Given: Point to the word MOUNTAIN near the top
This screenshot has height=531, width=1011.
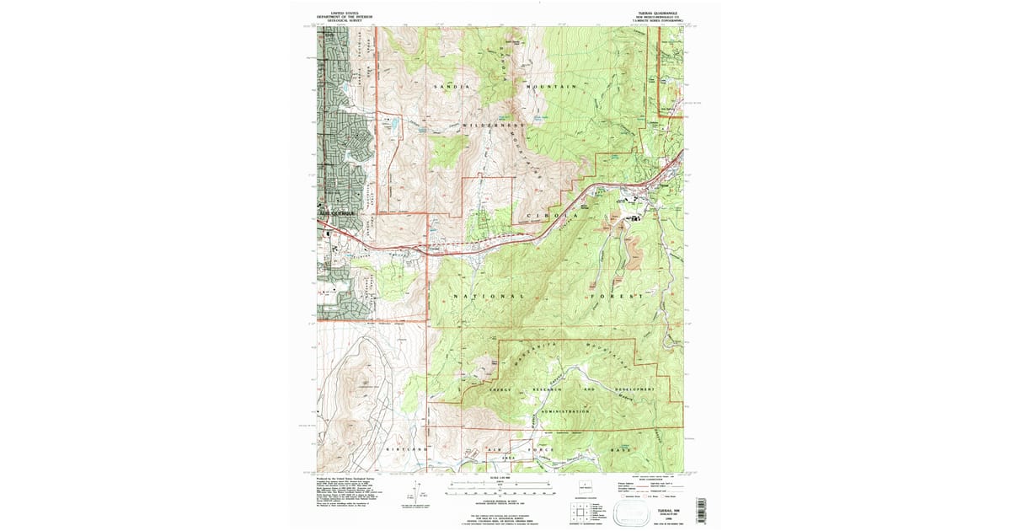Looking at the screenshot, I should (x=551, y=88).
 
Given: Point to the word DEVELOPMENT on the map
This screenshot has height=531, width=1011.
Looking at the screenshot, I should (x=634, y=389).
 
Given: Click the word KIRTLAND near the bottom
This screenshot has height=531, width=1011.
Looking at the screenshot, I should (x=403, y=450).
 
